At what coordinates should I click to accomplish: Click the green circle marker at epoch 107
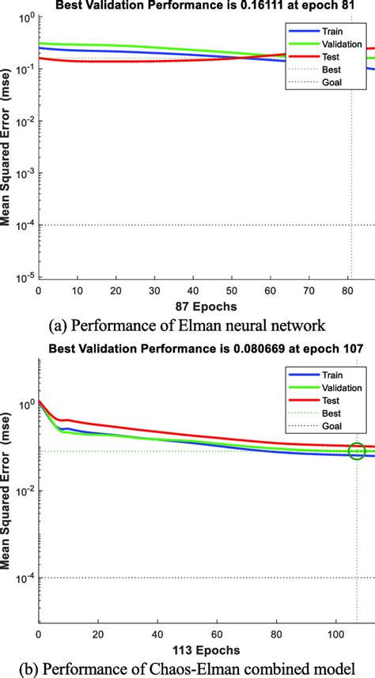tap(357, 451)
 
